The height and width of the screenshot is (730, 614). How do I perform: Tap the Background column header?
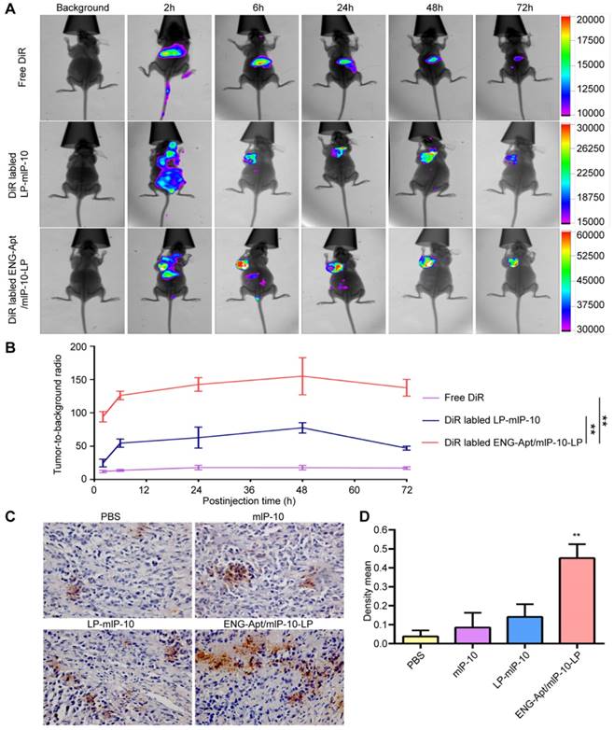click(x=82, y=8)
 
